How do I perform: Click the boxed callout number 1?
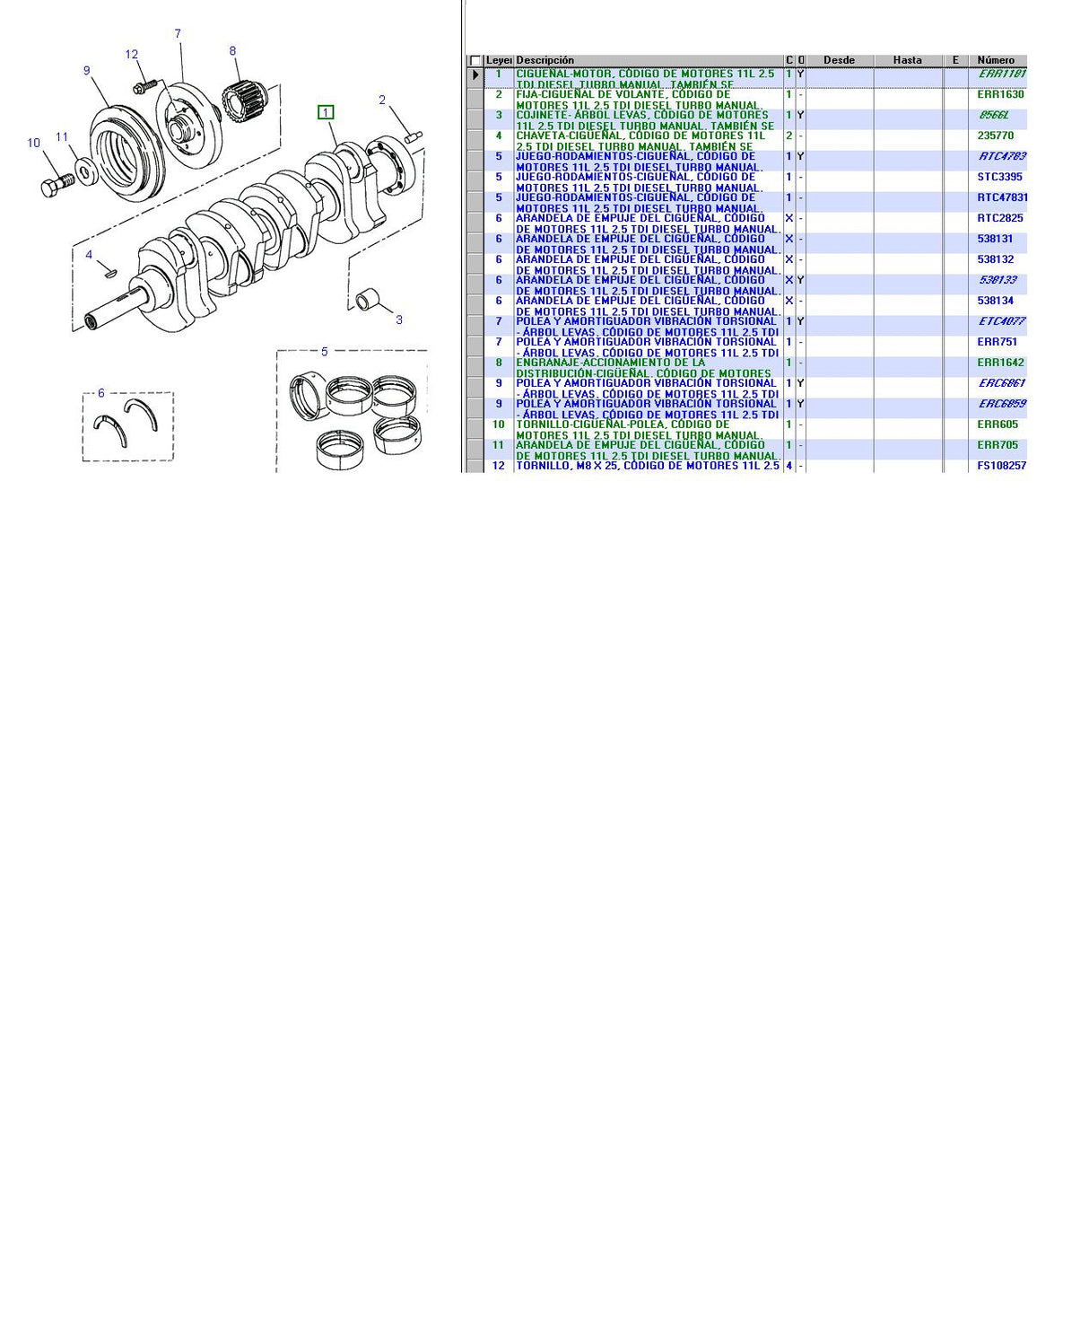pyautogui.click(x=326, y=112)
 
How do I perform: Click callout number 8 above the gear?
pyautogui.click(x=232, y=51)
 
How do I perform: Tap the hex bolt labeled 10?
pyautogui.click(x=57, y=185)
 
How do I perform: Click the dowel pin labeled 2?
pyautogui.click(x=414, y=136)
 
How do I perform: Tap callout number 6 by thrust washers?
pyautogui.click(x=100, y=393)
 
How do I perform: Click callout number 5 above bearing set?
pyautogui.click(x=325, y=352)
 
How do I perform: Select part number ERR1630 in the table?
pyautogui.click(x=1000, y=94)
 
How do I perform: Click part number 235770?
pyautogui.click(x=995, y=136)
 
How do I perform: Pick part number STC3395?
pyautogui.click(x=1000, y=177)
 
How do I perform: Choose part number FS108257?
pyautogui.click(x=1001, y=466)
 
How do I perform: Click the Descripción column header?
pyautogui.click(x=544, y=60)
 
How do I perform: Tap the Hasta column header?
pyautogui.click(x=907, y=60)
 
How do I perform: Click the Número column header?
pyautogui.click(x=996, y=60)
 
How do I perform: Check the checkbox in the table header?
pyautogui.click(x=475, y=61)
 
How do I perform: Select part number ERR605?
pyautogui.click(x=998, y=424)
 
